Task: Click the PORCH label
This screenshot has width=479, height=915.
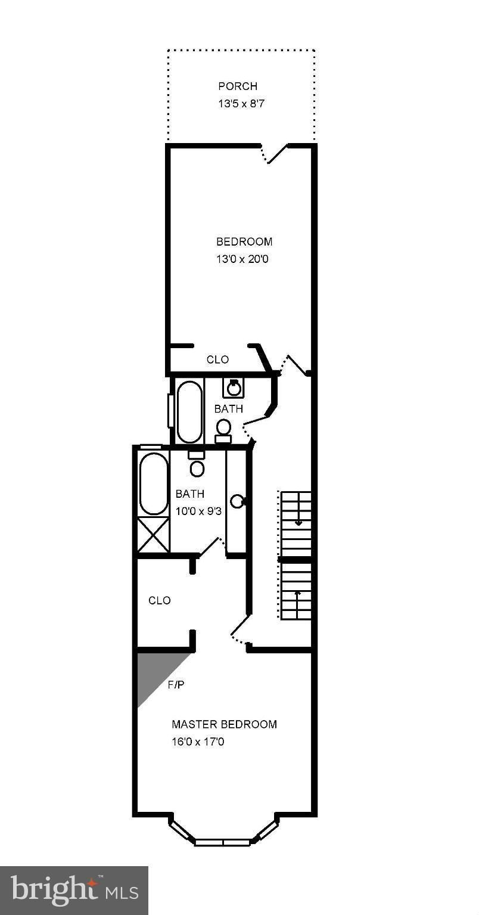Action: coord(237,86)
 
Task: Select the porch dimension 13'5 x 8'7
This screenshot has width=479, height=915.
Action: coord(237,103)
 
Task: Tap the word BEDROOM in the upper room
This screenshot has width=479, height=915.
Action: coord(244,241)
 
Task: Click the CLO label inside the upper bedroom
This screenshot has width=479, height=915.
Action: coord(217,359)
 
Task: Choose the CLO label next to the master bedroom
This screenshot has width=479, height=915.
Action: coord(159,600)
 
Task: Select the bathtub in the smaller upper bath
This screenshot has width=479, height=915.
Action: coord(189,411)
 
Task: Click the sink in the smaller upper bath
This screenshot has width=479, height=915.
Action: coord(234,388)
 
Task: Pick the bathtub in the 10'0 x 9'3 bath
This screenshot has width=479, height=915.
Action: coord(153,483)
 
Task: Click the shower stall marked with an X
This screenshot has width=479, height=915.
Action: coord(153,535)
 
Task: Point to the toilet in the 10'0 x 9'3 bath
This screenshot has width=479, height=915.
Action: coord(197,465)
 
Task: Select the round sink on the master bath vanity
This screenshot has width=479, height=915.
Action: coord(237,501)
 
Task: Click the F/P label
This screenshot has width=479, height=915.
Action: coord(175,685)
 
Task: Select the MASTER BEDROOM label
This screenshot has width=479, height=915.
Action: coord(224,724)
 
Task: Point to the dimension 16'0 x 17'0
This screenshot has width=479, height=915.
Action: coord(198,742)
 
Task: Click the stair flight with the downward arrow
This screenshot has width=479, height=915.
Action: coord(296,516)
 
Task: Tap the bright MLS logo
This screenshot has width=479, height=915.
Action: coord(74,890)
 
